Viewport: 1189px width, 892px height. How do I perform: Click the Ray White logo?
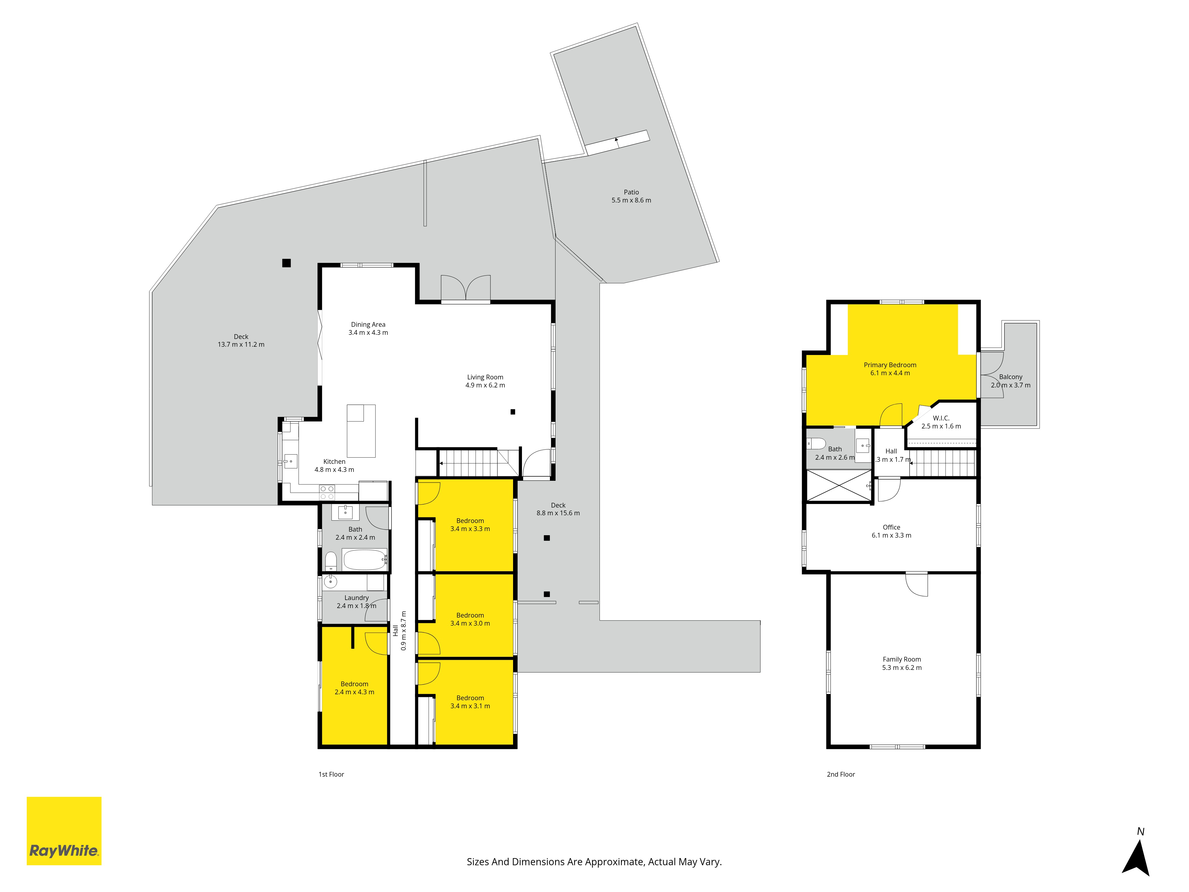point(64,831)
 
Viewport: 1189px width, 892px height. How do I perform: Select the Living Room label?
point(485,377)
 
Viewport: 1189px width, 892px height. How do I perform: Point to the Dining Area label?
point(368,324)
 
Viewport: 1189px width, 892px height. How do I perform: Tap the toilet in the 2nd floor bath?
point(816,444)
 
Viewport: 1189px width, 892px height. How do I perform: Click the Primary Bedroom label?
point(890,365)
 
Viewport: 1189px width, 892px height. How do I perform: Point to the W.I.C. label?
point(941,418)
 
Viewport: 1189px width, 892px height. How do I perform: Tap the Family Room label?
point(902,659)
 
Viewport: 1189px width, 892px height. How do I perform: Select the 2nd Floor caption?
point(841,774)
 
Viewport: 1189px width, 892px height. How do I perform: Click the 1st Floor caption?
point(331,774)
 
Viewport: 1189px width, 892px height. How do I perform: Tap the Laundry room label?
point(356,597)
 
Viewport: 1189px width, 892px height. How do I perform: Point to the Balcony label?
point(1011,377)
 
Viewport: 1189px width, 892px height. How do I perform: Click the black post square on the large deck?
point(287,263)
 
